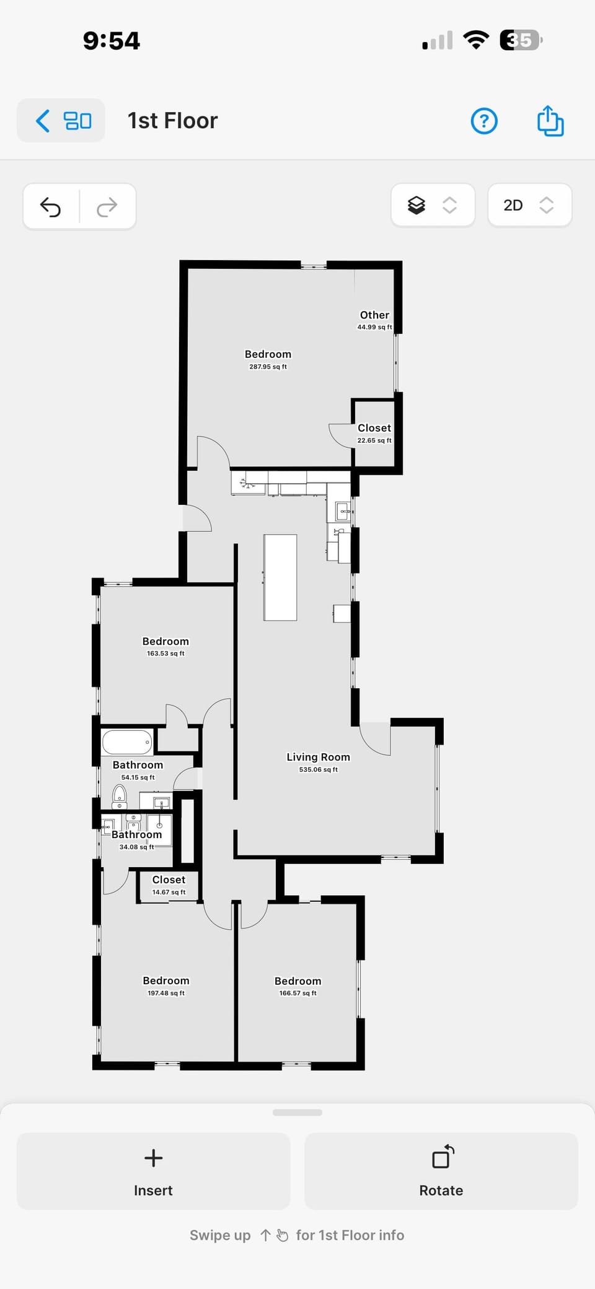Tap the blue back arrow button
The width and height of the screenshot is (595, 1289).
tap(43, 121)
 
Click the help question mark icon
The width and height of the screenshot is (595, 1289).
tap(484, 121)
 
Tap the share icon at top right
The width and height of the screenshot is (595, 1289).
tap(550, 120)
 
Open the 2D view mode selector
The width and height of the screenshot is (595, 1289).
tap(529, 205)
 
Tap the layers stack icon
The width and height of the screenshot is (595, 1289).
tap(416, 205)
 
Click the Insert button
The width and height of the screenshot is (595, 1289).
tap(153, 1171)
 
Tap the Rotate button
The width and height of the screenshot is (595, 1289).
tap(441, 1171)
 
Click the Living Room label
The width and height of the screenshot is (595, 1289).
tap(318, 757)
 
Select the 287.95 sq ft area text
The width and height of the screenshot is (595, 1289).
tap(268, 367)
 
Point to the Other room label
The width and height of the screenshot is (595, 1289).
tap(374, 315)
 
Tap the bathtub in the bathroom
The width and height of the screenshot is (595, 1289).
tap(128, 742)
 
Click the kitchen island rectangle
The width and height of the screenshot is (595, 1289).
tap(280, 577)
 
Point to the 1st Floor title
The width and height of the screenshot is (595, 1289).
tap(172, 121)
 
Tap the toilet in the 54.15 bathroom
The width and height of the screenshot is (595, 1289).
tap(120, 794)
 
